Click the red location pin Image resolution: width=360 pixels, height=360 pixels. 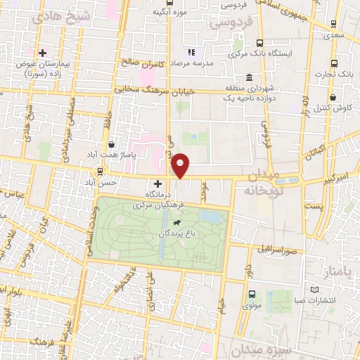(x=181, y=165)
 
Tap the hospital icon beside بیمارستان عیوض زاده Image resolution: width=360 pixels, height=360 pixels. (x=42, y=53)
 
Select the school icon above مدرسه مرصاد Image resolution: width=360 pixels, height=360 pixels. (x=191, y=52)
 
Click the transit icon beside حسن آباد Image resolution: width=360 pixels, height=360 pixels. (x=100, y=171)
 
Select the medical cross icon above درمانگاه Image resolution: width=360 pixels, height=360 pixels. (x=157, y=183)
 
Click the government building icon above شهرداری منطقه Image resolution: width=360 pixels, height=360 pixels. (x=250, y=77)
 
